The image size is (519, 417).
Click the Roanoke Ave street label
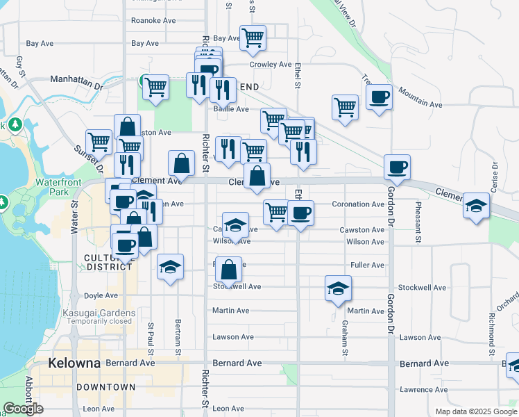click(x=153, y=21)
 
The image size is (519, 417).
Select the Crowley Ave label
click(x=271, y=65)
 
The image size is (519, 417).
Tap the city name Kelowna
click(x=75, y=363)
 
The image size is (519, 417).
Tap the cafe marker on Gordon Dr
click(x=398, y=167)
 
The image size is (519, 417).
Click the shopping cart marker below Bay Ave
click(x=253, y=38)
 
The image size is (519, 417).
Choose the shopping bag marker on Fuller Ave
click(x=228, y=269)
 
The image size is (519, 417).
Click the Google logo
click(x=23, y=409)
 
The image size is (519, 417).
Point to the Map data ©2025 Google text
click(x=476, y=411)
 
